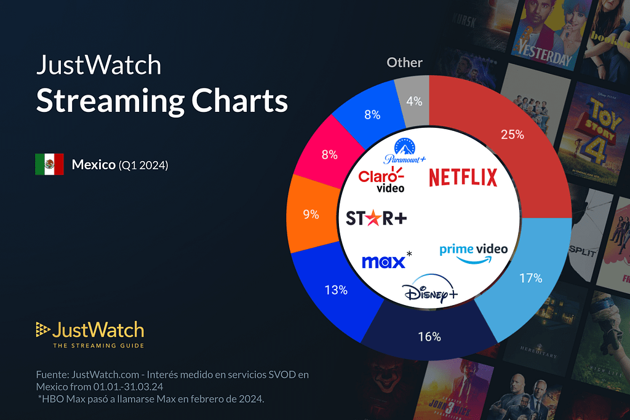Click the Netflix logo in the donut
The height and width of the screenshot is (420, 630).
coord(463,178)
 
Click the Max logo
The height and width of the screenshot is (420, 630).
coord(383,261)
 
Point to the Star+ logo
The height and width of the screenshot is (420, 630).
coord(377,218)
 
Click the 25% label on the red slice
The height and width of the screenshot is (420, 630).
coord(512,134)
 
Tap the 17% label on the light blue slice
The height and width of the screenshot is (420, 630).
coord(530,278)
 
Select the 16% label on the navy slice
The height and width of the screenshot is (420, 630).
coord(429,336)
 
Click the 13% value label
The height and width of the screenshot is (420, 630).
coord(335,290)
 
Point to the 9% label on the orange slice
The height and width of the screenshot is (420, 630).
coord(311,215)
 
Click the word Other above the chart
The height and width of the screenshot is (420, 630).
coord(404,63)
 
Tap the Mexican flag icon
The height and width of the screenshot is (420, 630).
coord(49,164)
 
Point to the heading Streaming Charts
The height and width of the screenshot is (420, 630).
coord(162,100)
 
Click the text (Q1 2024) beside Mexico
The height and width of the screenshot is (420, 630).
coord(143,165)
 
